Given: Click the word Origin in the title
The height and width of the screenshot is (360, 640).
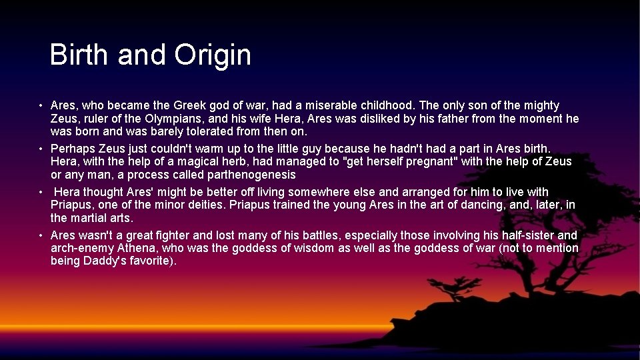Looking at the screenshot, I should tap(213, 55).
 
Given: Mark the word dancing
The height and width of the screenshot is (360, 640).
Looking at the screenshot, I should tap(472, 205).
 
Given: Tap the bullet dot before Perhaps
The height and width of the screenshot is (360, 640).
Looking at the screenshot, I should tap(41, 149).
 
